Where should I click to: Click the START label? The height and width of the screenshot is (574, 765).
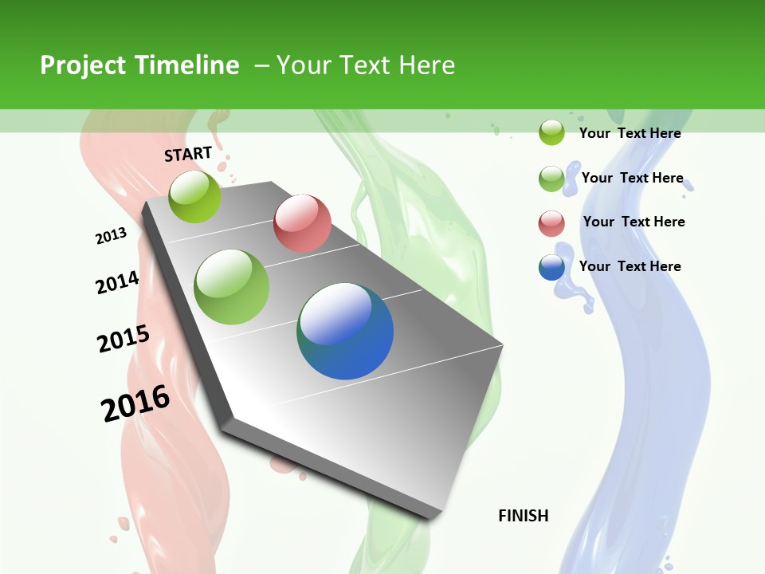pos(188,153)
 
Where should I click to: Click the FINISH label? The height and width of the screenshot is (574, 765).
pos(523,516)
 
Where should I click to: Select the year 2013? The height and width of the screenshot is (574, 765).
pos(112,236)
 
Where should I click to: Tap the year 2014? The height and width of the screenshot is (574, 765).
pos(117,282)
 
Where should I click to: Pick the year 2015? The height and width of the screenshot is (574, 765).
pos(124,339)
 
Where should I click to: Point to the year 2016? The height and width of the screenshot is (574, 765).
pos(135,403)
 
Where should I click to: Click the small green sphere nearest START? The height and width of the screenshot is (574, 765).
pos(194,196)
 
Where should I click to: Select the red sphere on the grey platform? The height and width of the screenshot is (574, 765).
pos(302,222)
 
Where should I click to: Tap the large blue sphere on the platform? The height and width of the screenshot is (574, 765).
pos(345,330)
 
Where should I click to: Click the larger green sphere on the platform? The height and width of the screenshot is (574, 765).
pos(232,286)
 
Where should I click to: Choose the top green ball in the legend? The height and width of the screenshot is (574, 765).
pos(551,132)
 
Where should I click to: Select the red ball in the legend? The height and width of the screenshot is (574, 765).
pos(551,222)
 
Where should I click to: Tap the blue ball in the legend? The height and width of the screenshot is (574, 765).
pos(551,267)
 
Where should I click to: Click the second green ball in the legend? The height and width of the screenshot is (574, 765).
pos(551,179)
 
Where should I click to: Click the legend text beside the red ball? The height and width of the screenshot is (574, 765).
pos(634,222)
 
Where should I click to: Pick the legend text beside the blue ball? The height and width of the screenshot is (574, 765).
pos(630,266)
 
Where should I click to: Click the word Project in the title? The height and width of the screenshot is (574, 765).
pos(81,65)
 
